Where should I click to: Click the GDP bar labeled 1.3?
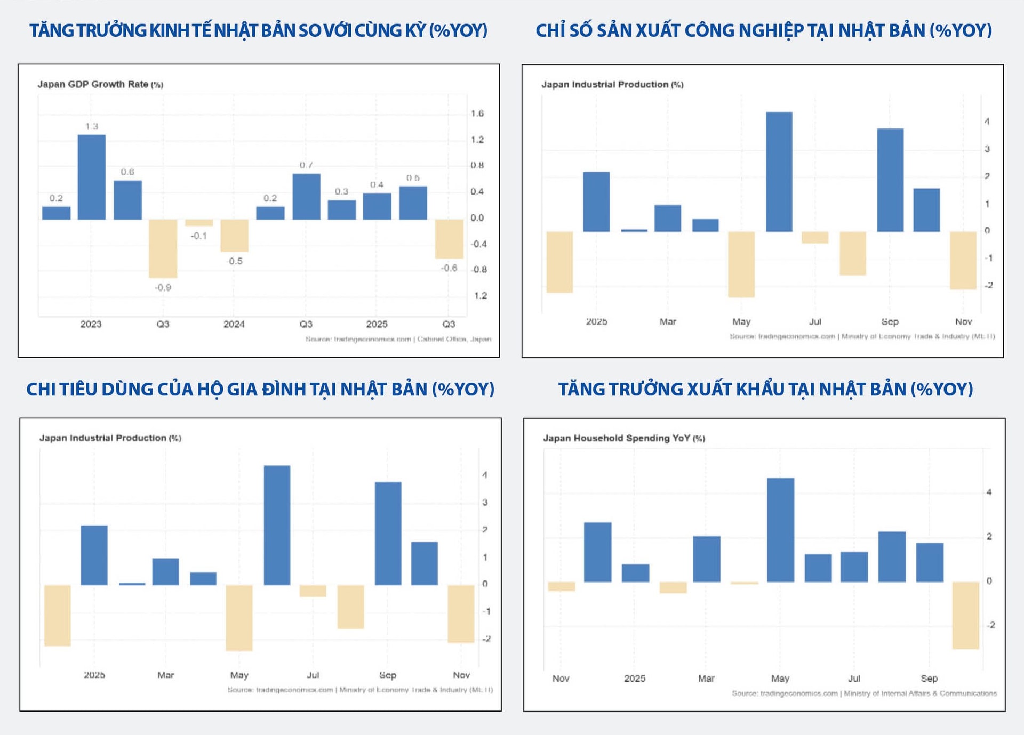pyautogui.click(x=92, y=177)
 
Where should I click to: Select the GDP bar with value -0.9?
pyautogui.click(x=163, y=248)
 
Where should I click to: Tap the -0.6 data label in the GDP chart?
pyautogui.click(x=449, y=268)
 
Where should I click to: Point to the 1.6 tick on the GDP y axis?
pyautogui.click(x=477, y=114)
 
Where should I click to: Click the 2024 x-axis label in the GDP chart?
pyautogui.click(x=234, y=324)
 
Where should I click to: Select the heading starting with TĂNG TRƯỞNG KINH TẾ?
pyautogui.click(x=259, y=30)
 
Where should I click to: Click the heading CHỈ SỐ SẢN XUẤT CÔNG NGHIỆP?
pyautogui.click(x=764, y=30)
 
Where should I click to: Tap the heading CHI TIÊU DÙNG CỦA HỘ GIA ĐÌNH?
pyautogui.click(x=260, y=389)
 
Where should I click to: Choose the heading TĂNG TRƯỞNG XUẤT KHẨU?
pyautogui.click(x=765, y=389)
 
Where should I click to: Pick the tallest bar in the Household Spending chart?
pyautogui.click(x=780, y=530)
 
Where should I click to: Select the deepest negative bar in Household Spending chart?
pyautogui.click(x=966, y=615)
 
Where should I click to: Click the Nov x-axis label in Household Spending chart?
pyautogui.click(x=561, y=678)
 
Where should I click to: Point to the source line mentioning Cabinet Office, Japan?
pyautogui.click(x=398, y=339)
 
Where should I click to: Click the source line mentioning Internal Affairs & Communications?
pyautogui.click(x=864, y=693)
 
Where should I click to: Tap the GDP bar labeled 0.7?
pyautogui.click(x=306, y=197)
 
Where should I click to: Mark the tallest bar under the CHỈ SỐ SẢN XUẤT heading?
pyautogui.click(x=779, y=172)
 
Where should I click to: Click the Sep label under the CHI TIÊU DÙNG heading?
pyautogui.click(x=388, y=675)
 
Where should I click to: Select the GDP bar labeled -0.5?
pyautogui.click(x=234, y=236)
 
